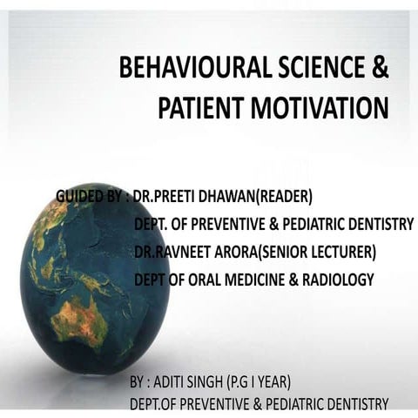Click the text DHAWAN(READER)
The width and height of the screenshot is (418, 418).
point(256,196)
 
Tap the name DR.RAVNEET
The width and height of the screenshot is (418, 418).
point(173,252)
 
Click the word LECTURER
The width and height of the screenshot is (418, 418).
point(339,252)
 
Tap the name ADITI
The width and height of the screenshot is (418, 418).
point(174,383)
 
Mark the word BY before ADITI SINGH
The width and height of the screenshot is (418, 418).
point(138,383)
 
